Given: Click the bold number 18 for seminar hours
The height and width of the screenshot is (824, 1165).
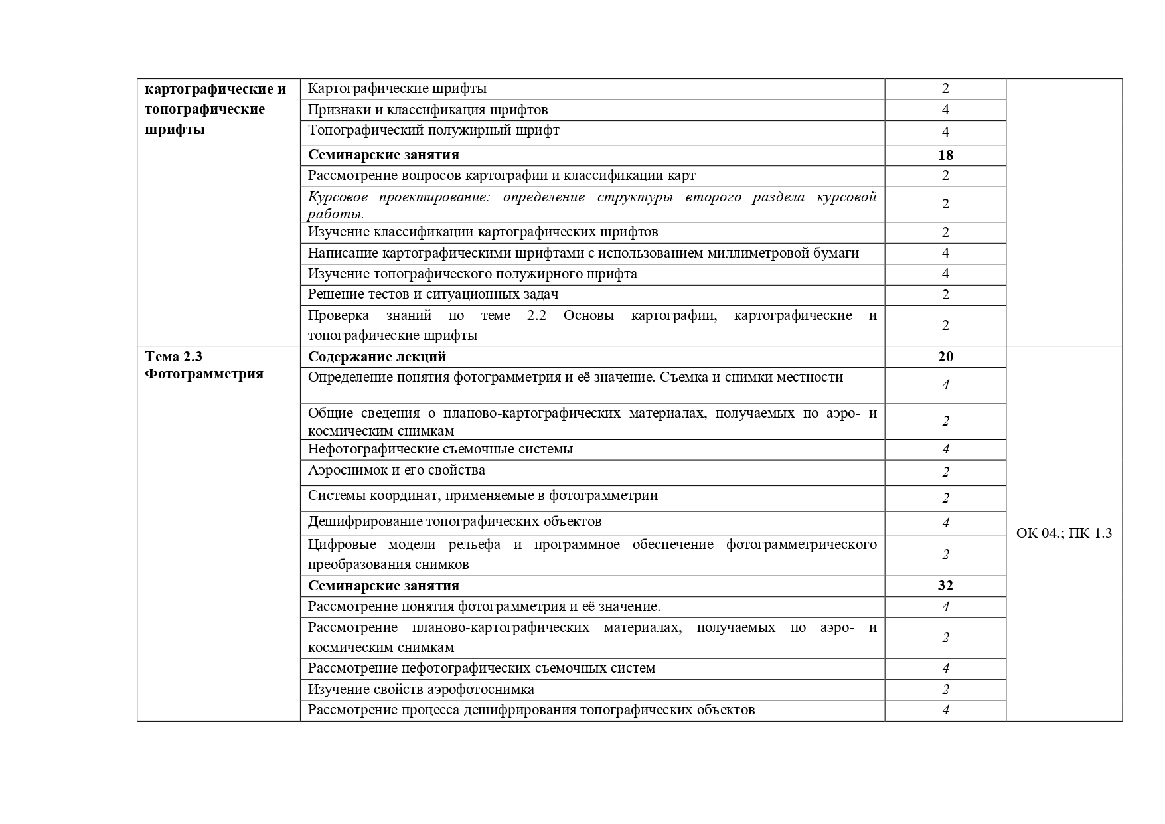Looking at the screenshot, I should point(945,155).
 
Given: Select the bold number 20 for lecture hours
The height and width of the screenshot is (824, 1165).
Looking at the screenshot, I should point(945,357).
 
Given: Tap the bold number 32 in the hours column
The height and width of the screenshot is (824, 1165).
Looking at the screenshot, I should point(945,586).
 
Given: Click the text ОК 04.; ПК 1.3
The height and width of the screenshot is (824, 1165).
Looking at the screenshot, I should point(1063,533).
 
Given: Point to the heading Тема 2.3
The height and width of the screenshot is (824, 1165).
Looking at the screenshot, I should point(173,357).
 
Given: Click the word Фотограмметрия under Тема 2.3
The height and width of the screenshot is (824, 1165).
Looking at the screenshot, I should point(204,374).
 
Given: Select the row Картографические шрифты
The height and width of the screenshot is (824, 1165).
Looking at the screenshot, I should point(397,89).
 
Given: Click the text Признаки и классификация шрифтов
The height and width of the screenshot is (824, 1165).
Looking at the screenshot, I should point(427,110).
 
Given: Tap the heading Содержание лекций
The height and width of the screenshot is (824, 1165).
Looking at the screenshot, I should point(376,357).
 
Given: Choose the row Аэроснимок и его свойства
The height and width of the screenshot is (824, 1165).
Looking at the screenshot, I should point(396,471).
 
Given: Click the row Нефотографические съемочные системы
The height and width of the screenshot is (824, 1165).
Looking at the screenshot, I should point(440,450).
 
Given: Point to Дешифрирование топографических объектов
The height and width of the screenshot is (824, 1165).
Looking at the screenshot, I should point(455,522).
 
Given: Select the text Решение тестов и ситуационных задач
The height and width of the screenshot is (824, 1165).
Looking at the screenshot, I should point(433,294).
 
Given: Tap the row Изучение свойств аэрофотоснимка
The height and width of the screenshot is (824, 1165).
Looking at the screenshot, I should point(421,689).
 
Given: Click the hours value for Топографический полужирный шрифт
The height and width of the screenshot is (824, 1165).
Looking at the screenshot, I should point(945,131).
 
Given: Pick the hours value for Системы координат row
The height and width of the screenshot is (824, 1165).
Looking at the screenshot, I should point(945,498).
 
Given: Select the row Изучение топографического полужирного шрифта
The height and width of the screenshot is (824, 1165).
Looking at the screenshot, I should point(472,274).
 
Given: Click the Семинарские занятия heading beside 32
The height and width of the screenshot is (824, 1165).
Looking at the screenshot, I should point(383,586).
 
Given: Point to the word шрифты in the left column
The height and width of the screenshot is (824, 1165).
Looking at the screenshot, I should point(175,129).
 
